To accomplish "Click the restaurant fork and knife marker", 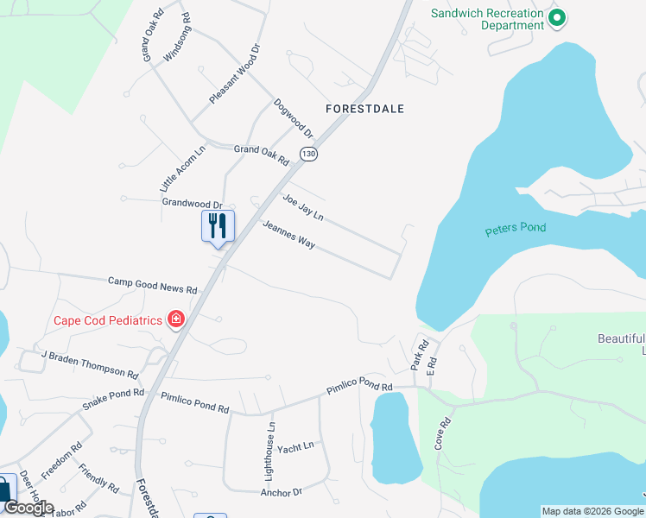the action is (x=218, y=226).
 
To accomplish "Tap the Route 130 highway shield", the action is (x=308, y=153).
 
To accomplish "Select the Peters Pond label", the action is (x=516, y=229).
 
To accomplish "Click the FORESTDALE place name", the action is (x=364, y=109).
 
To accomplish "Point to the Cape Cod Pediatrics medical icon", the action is (x=176, y=320).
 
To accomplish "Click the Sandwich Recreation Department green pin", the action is (x=557, y=16).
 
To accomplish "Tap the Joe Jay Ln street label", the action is (x=302, y=207).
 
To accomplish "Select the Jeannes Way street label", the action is (x=288, y=234).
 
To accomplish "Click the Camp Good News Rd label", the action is (x=153, y=284).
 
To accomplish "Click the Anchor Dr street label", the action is (x=282, y=492).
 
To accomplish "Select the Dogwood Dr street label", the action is (x=293, y=118).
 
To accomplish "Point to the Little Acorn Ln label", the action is (x=182, y=167).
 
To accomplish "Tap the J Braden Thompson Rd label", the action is (x=90, y=364).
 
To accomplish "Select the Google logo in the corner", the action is (x=28, y=509).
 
